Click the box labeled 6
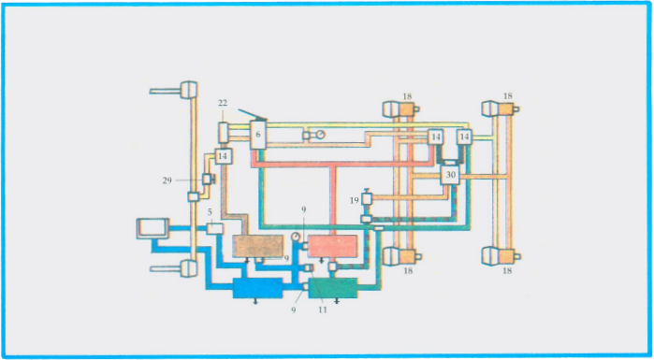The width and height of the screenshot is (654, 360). pyautogui.click(x=258, y=134)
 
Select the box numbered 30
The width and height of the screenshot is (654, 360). pyautogui.click(x=450, y=175)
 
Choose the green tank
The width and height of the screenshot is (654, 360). pyautogui.click(x=333, y=287)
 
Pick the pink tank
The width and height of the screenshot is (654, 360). pyautogui.click(x=333, y=247)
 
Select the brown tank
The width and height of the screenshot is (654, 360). pyautogui.click(x=257, y=247)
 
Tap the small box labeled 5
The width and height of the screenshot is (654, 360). pyautogui.click(x=213, y=227)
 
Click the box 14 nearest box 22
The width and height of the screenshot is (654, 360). pyautogui.click(x=223, y=156)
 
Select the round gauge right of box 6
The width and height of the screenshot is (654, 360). pyautogui.click(x=319, y=136)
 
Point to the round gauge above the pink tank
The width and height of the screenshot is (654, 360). pyautogui.click(x=297, y=237)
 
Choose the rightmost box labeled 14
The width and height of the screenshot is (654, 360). pyautogui.click(x=463, y=137)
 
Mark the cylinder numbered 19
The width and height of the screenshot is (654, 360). pyautogui.click(x=367, y=200)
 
